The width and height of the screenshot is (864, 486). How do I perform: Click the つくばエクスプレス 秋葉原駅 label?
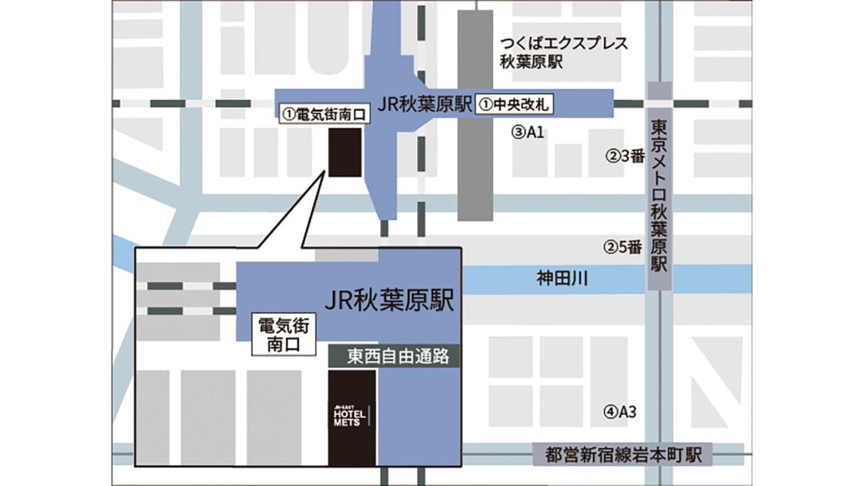click(564, 53)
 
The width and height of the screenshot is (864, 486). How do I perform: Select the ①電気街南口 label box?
click(324, 115)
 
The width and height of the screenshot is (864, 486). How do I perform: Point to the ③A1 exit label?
click(528, 132)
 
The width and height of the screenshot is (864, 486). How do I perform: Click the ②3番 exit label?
click(624, 157)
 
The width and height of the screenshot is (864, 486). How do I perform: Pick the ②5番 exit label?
click(622, 247)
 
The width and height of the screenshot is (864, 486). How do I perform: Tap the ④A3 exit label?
click(620, 410)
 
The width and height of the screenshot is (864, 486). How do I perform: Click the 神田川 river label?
click(562, 277)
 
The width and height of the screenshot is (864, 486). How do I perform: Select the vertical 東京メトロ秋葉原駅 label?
click(659, 196)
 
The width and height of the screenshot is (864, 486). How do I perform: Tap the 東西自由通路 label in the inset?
click(394, 356)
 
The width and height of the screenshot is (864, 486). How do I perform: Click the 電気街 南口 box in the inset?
click(283, 335)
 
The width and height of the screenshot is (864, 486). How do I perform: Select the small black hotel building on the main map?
click(344, 152)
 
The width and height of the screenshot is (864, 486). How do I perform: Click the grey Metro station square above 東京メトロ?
click(659, 91)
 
